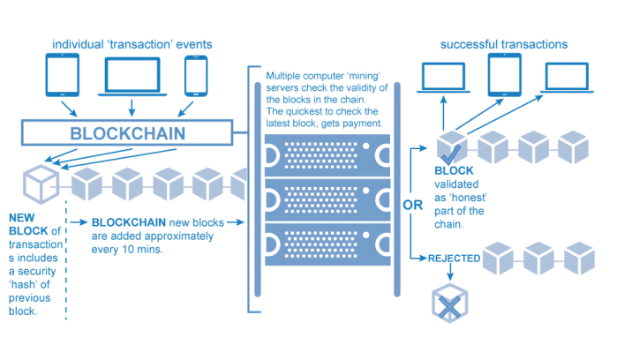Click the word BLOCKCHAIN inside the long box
(128, 133)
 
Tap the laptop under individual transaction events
(132, 77)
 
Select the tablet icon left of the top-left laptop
(63, 77)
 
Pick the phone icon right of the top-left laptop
(195, 77)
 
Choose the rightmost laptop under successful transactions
(565, 77)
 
